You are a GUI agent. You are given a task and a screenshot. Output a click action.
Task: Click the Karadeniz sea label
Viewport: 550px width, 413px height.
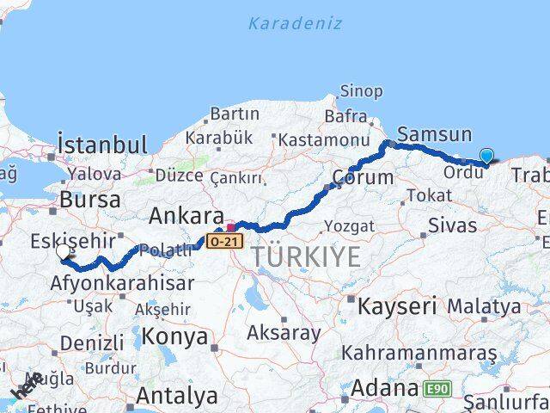pos(295,23)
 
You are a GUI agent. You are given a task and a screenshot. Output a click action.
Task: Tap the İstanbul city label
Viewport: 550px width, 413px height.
pos(102,144)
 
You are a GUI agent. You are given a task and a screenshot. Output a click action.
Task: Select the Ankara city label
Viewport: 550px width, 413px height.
pos(186,215)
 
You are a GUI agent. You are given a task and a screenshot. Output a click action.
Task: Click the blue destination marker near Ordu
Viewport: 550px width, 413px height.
pos(487,156)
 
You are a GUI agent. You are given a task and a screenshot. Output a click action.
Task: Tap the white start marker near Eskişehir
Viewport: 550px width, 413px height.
pos(64,252)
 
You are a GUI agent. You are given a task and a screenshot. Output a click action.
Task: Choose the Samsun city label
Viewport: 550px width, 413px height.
pos(435,134)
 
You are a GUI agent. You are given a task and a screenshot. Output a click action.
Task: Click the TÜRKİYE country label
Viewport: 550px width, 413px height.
pos(295,256)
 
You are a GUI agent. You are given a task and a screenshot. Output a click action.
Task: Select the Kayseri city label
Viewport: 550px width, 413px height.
pos(397,305)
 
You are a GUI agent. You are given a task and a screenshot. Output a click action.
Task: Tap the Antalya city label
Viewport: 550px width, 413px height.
pos(177,396)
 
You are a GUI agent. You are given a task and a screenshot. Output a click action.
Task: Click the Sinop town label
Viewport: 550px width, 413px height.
pos(361,90)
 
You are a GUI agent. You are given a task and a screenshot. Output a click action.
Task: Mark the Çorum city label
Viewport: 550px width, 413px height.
pos(363,179)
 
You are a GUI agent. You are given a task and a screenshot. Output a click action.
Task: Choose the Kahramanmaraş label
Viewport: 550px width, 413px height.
pos(419,353)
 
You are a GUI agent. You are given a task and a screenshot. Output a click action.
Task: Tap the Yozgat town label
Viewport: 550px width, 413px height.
pos(349,226)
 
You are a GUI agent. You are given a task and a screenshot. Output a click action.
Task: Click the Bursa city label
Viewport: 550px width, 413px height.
pos(89,200)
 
